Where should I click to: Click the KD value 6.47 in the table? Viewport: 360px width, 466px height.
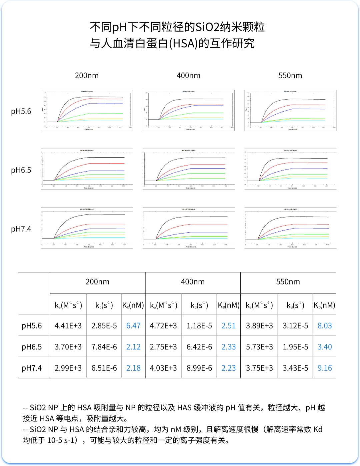tap(133, 325)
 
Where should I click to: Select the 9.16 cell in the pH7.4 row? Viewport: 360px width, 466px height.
tap(325, 368)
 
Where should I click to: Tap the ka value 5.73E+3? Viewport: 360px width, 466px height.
tap(259, 347)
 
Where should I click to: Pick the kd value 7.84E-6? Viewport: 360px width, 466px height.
tap(104, 347)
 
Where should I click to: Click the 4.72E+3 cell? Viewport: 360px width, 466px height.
tap(163, 325)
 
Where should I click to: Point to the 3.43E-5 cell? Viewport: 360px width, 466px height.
tap(295, 368)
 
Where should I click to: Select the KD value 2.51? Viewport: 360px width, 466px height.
tap(229, 325)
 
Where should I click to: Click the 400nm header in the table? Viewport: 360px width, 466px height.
tap(193, 282)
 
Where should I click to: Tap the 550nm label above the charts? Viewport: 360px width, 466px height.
tap(290, 76)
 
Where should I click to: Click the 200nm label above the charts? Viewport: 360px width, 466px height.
tap(87, 76)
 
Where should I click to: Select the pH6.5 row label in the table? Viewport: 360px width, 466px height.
tap(32, 347)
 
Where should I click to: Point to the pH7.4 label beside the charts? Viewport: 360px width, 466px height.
tap(21, 229)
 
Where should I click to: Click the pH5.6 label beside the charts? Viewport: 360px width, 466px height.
tap(21, 111)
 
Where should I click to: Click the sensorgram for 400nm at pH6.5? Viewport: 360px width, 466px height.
tap(189, 169)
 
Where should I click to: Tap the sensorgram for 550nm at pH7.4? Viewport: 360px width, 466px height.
tap(290, 228)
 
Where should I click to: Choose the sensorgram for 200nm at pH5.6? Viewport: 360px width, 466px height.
tap(87, 110)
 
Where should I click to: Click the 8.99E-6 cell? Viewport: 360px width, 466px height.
tap(199, 368)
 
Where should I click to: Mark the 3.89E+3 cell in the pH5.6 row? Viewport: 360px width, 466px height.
tap(259, 325)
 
